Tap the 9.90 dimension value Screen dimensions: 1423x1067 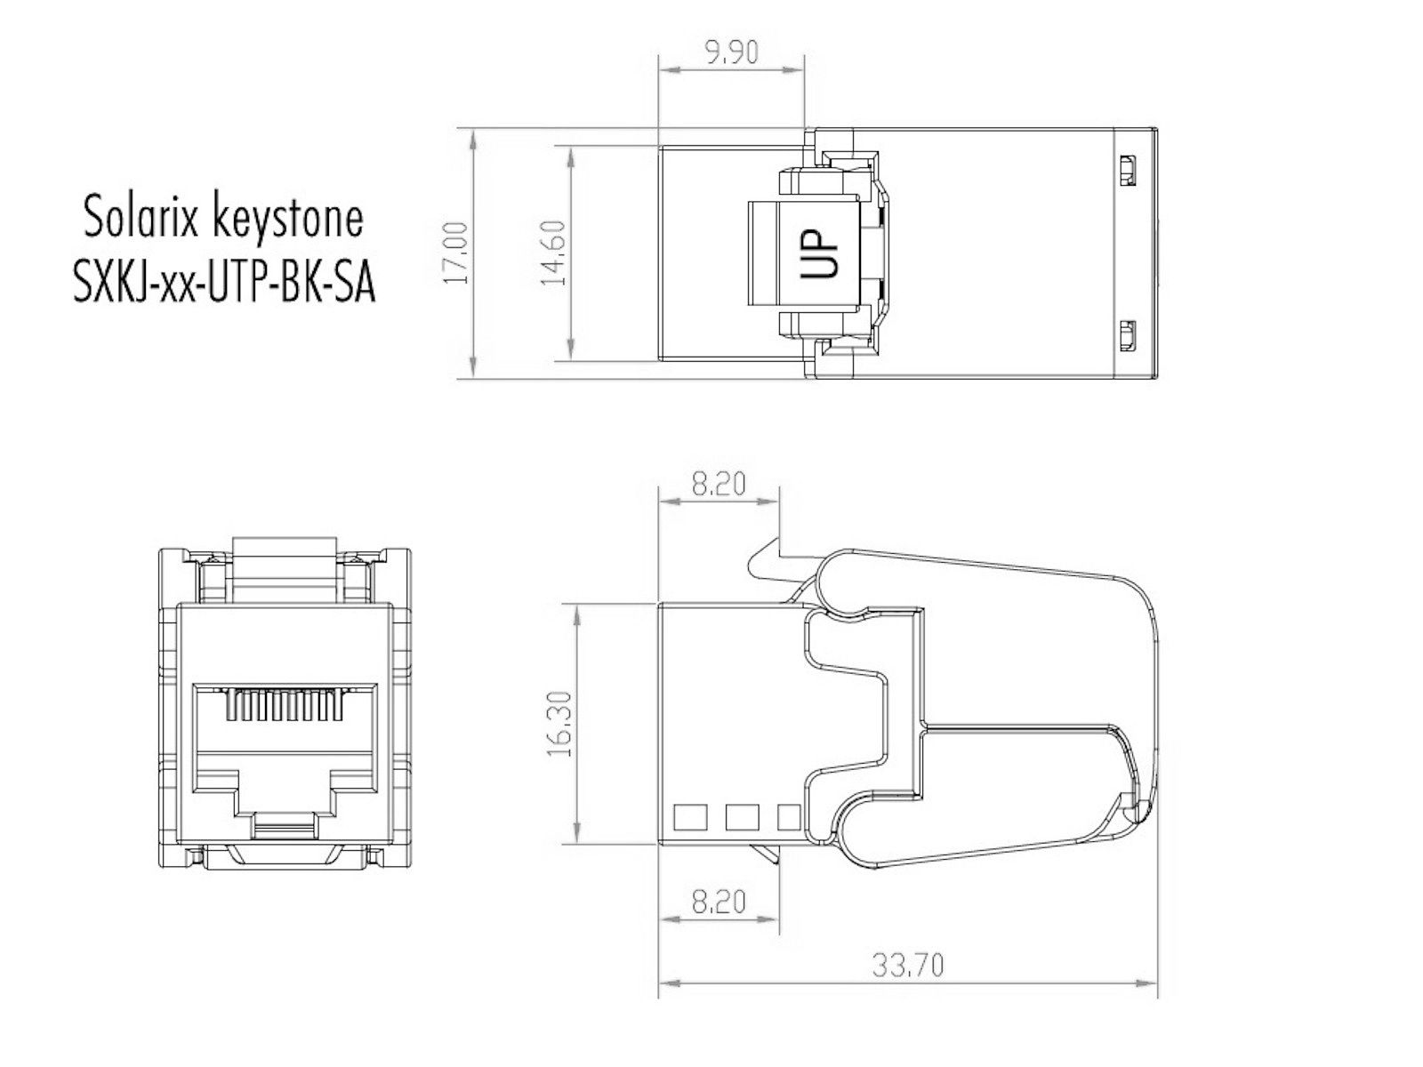point(731,52)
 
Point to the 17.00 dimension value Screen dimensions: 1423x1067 point(455,253)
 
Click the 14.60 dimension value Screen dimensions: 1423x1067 point(554,253)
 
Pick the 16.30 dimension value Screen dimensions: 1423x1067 point(559,724)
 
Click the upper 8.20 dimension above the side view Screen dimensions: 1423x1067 point(719,484)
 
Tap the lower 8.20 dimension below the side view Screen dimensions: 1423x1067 point(719,901)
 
